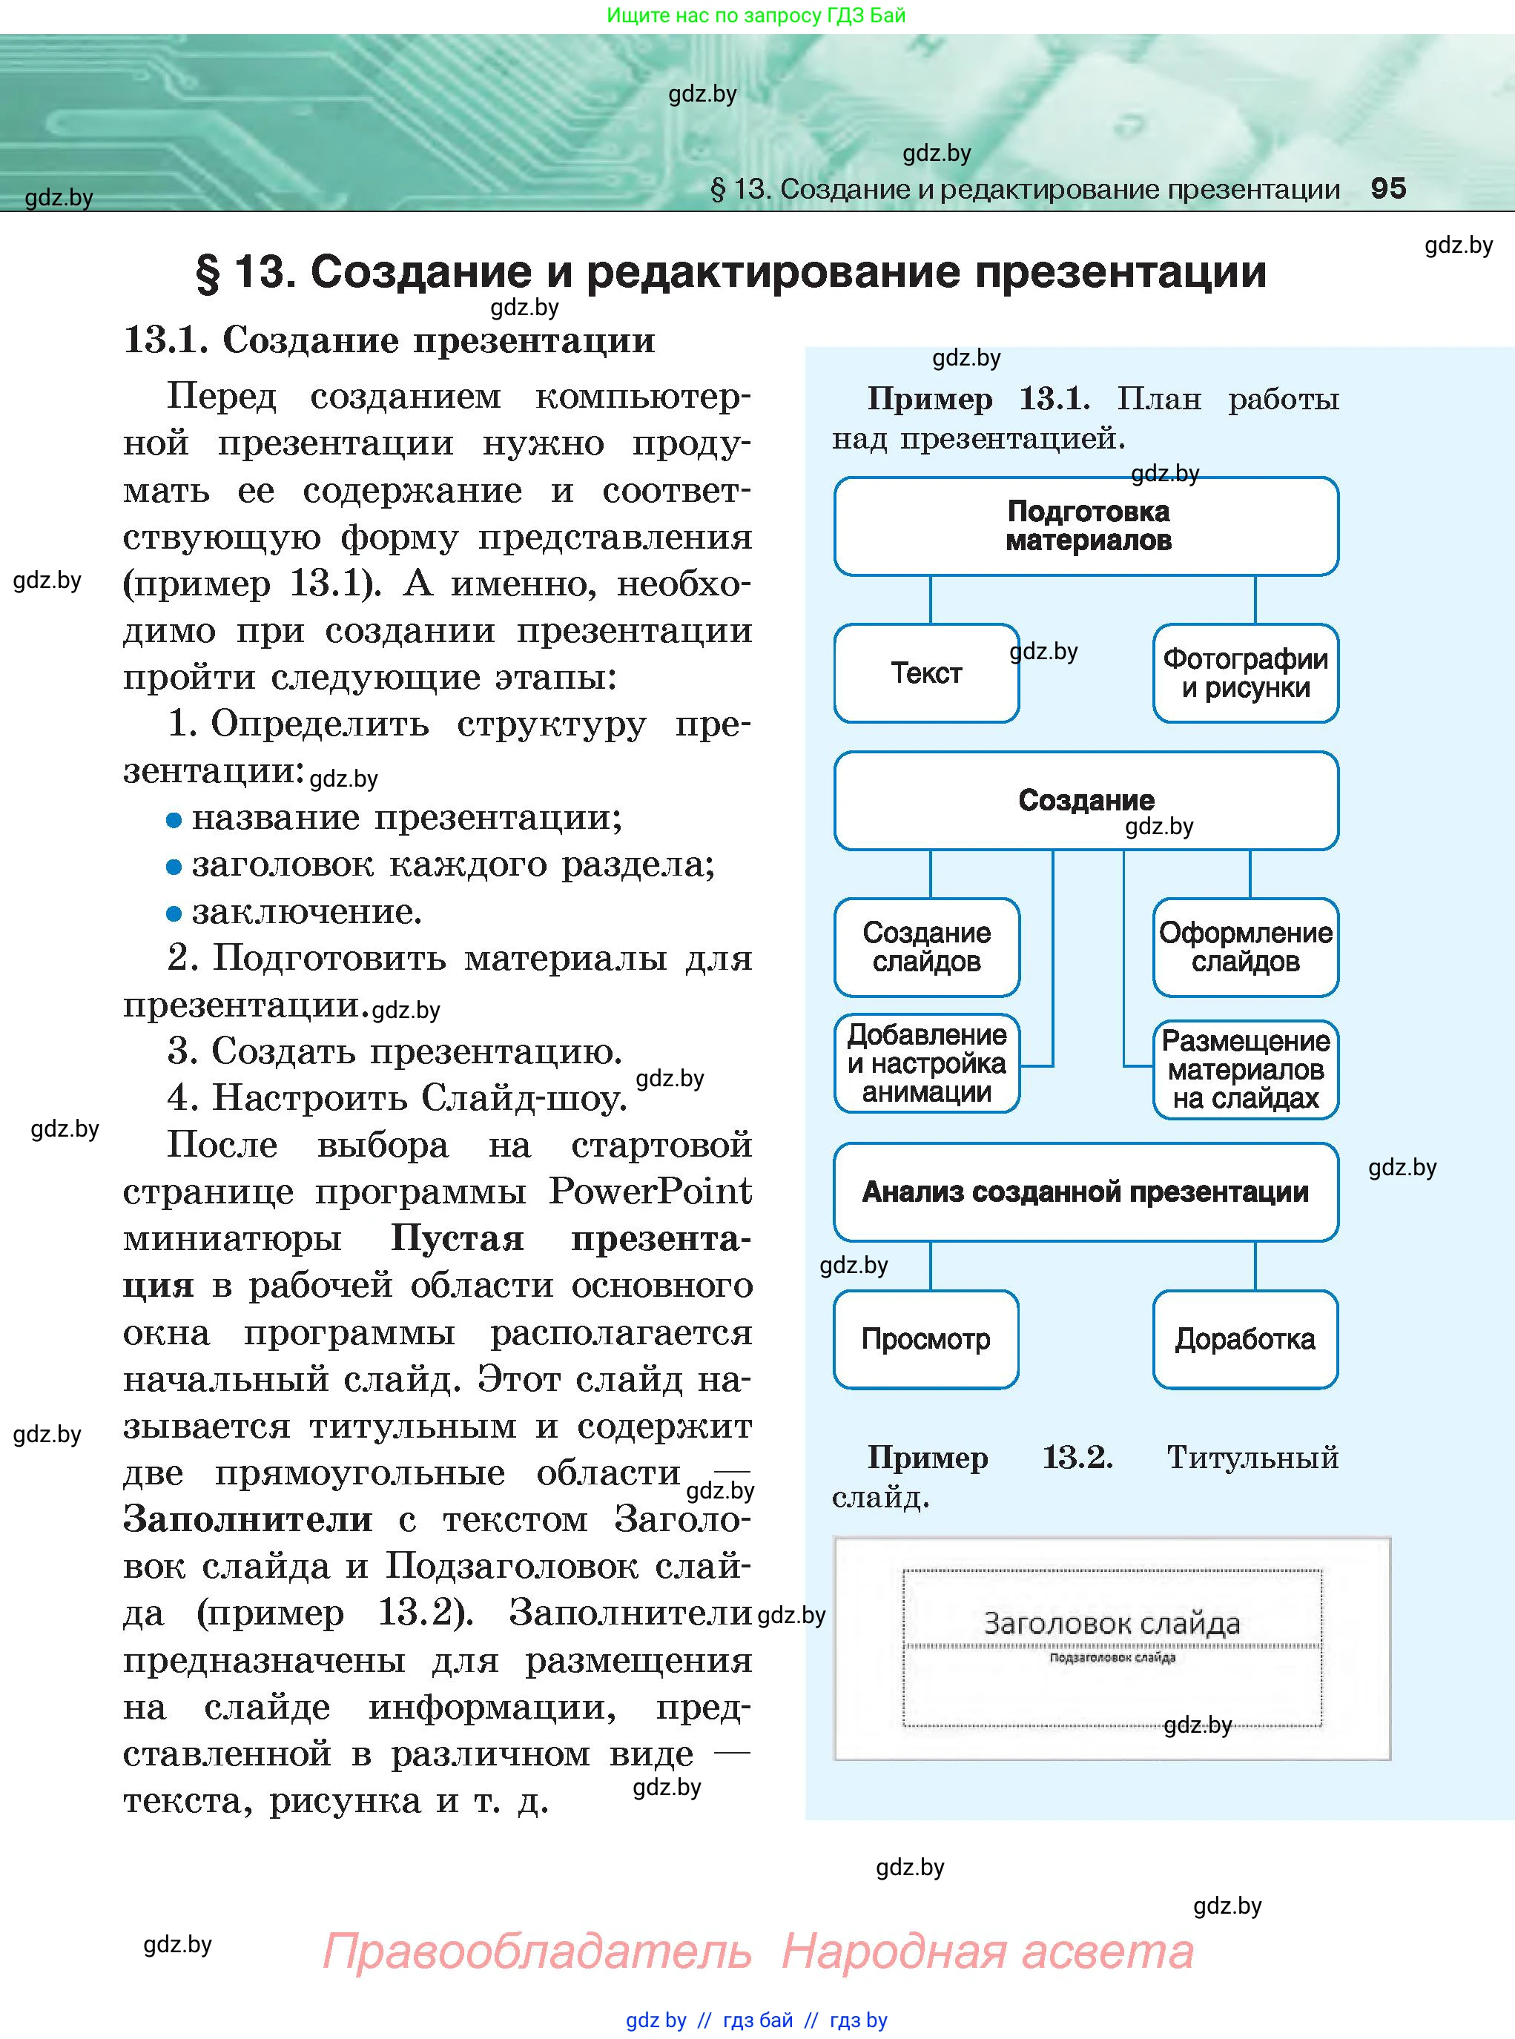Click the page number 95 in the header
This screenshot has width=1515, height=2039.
click(1387, 189)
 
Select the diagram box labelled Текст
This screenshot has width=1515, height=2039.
click(926, 673)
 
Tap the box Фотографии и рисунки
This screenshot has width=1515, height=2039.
click(1244, 673)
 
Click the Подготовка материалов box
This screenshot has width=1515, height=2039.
click(1086, 526)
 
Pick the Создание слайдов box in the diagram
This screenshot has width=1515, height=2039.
click(926, 947)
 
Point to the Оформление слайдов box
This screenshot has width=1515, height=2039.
click(1244, 947)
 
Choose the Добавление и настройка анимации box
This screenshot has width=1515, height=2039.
click(926, 1063)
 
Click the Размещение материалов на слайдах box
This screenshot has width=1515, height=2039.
click(1244, 1069)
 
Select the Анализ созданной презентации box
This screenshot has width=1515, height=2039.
click(1086, 1192)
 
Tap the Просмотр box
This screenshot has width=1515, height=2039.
click(926, 1340)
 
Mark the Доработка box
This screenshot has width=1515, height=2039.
click(1244, 1340)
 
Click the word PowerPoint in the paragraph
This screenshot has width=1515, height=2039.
click(650, 1191)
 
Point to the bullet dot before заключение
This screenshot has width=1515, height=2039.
click(174, 913)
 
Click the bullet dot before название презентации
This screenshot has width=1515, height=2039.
click(174, 819)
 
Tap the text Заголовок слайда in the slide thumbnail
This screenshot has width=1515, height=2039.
click(1112, 1624)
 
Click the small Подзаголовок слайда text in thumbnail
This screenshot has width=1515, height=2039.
click(1112, 1658)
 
